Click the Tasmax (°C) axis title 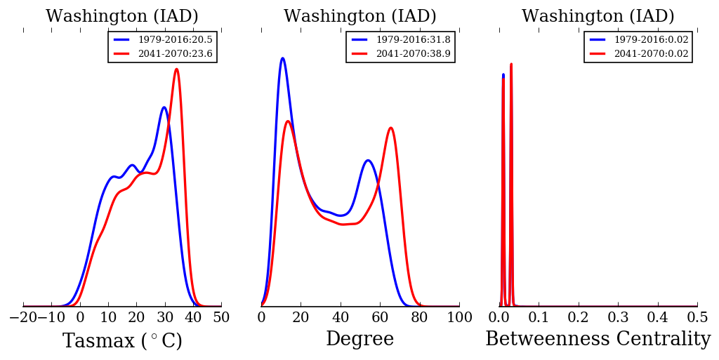tap(122, 341)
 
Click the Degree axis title tap(359, 340)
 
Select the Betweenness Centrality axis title tap(598, 340)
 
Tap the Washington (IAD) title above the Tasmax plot tap(122, 17)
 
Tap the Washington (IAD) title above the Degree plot tap(360, 17)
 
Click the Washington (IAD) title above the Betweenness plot tap(598, 17)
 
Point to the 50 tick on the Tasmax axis tap(221, 318)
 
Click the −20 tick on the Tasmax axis tap(23, 318)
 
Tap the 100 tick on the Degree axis tap(459, 318)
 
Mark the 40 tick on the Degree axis tap(341, 318)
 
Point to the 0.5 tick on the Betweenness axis tap(697, 318)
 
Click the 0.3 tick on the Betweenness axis tap(618, 318)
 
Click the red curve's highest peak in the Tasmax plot tap(176, 69)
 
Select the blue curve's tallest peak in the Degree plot tap(282, 58)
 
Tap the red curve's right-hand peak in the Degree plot tap(390, 128)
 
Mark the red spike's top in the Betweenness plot tap(511, 64)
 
